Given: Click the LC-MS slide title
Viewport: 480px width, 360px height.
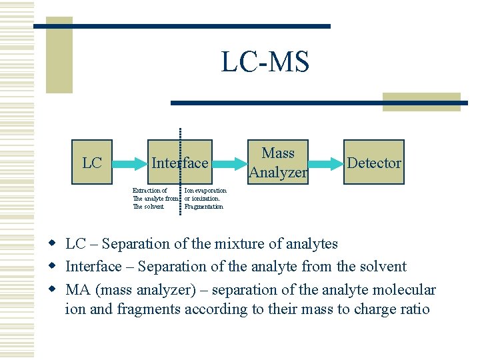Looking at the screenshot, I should coord(265,62).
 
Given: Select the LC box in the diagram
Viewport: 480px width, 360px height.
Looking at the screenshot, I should coord(91,163).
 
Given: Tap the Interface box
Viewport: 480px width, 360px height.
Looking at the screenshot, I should coord(180,163).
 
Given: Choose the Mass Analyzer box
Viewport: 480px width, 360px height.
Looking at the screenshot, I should coord(278,163).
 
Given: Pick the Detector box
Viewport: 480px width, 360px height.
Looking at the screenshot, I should coord(374,163).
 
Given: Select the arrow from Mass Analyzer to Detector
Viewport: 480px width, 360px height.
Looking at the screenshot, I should coord(327,163).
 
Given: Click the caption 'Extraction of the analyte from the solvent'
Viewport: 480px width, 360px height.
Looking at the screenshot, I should coord(155,198).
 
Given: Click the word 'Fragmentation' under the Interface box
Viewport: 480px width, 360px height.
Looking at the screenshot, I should coord(203,207).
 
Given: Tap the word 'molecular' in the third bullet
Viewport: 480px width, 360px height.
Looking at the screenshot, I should coord(406,290).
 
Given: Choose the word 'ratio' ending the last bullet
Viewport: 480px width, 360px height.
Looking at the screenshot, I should coord(415,309).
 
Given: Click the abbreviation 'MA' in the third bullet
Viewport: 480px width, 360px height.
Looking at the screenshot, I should coord(77,290).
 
